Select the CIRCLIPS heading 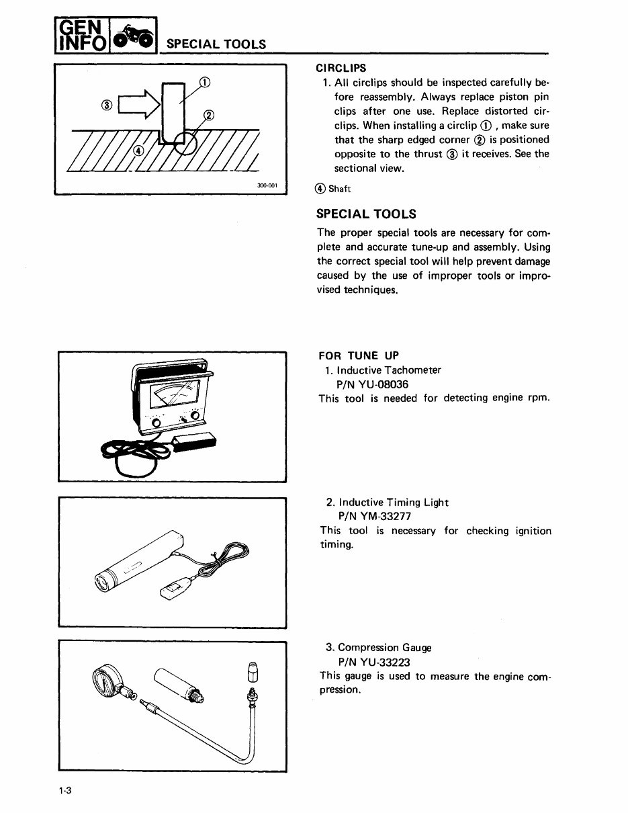click(341, 68)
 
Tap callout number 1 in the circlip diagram click(206, 83)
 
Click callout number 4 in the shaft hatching click(138, 151)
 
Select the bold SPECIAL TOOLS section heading click(366, 214)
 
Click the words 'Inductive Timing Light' click(394, 503)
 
